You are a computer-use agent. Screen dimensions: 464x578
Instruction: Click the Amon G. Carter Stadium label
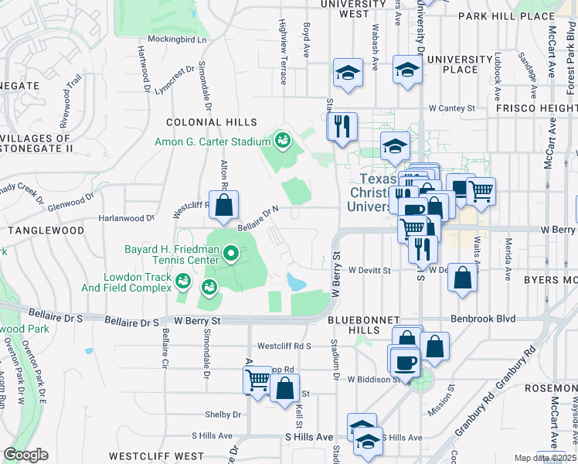coord(212,142)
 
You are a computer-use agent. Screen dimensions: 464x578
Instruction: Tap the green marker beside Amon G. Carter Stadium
coord(282,141)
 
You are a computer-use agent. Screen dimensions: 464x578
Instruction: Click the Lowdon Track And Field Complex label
coord(127,282)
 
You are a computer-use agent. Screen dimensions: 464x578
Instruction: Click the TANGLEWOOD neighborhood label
coord(46,230)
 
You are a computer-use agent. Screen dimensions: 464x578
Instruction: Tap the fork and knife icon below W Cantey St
coord(341,126)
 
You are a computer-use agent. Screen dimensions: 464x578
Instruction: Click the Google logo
coord(25,455)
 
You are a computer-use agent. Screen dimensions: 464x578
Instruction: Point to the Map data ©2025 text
coord(546,458)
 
